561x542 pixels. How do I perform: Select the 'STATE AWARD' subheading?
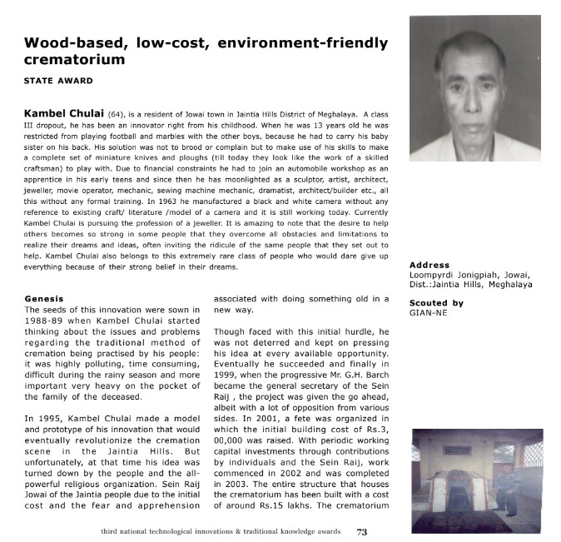point(58,81)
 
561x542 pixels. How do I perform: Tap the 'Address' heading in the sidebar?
point(429,266)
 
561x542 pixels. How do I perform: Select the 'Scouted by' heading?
point(437,303)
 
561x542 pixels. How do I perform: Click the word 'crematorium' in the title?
point(74,60)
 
